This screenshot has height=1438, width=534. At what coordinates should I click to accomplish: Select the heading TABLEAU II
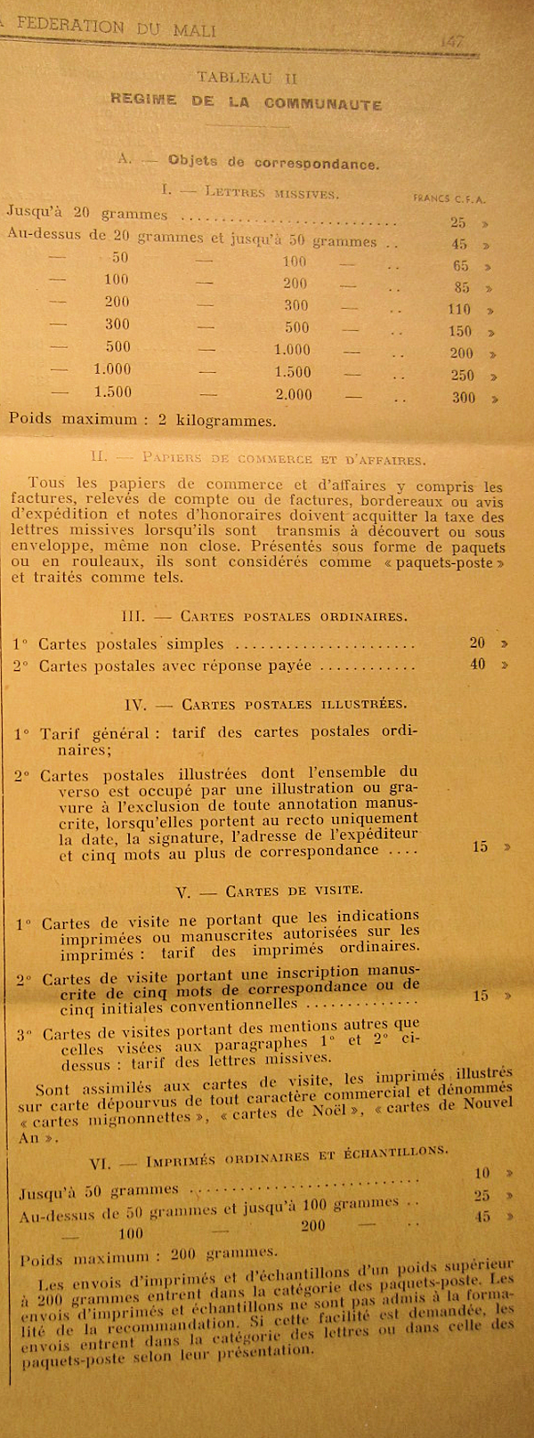[247, 78]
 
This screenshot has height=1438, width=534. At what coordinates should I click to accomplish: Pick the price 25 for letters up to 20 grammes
[458, 222]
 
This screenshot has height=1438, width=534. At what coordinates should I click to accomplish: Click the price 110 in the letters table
[459, 310]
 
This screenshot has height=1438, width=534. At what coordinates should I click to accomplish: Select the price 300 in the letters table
[463, 398]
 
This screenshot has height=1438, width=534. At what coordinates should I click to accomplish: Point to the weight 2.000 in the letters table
[294, 394]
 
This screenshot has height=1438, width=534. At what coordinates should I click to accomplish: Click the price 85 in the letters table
[461, 287]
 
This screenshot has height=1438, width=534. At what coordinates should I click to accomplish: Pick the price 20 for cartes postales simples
[478, 642]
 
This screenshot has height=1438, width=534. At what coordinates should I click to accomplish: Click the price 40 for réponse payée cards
[478, 664]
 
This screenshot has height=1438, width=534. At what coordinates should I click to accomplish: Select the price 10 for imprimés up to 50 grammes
[482, 1173]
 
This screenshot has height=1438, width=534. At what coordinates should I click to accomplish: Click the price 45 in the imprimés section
[482, 1216]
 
